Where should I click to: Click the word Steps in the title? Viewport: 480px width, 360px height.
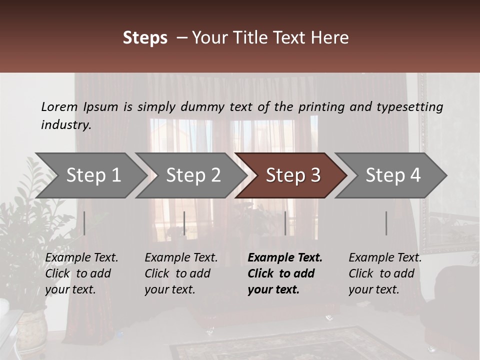(145, 38)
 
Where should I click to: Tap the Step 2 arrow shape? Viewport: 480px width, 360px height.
(193, 175)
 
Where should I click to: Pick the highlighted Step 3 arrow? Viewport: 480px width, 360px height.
(293, 175)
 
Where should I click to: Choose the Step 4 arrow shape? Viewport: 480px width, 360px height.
(393, 175)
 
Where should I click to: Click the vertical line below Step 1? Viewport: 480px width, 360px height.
(84, 223)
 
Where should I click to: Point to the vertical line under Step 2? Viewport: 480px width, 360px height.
(184, 223)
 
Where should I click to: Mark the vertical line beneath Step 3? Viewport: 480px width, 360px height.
(285, 223)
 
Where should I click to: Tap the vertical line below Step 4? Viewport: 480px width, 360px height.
(386, 223)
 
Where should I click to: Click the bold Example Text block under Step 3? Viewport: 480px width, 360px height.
(285, 273)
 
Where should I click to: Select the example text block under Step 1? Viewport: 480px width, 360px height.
(81, 273)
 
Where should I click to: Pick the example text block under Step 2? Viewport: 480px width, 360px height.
(181, 273)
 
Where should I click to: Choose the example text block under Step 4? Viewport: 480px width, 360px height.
(385, 273)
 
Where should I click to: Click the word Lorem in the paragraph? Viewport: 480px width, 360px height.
(59, 106)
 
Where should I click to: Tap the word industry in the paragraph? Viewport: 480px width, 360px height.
(65, 125)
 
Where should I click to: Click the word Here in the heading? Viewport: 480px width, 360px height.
(330, 38)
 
